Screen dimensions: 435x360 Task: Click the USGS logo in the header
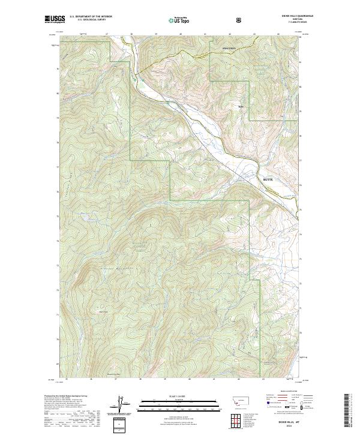pyautogui.click(x=55, y=20)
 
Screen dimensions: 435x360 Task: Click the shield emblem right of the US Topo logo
pyautogui.click(x=239, y=20)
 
